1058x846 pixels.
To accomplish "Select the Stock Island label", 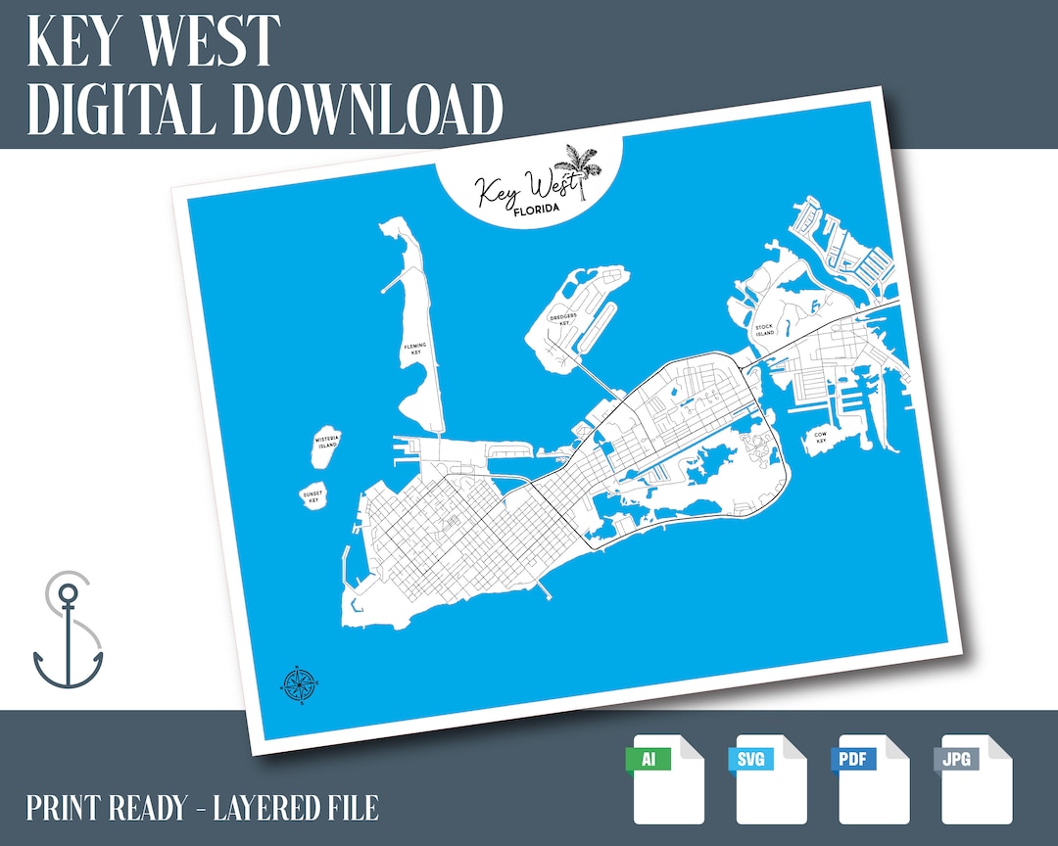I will pos(764,330).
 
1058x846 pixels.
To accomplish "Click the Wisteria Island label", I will pos(326,443).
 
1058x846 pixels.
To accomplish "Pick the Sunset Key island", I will pos(313,497).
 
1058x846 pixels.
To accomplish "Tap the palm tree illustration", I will pos(572,168).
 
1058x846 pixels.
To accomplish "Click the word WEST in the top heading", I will pos(211,41).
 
